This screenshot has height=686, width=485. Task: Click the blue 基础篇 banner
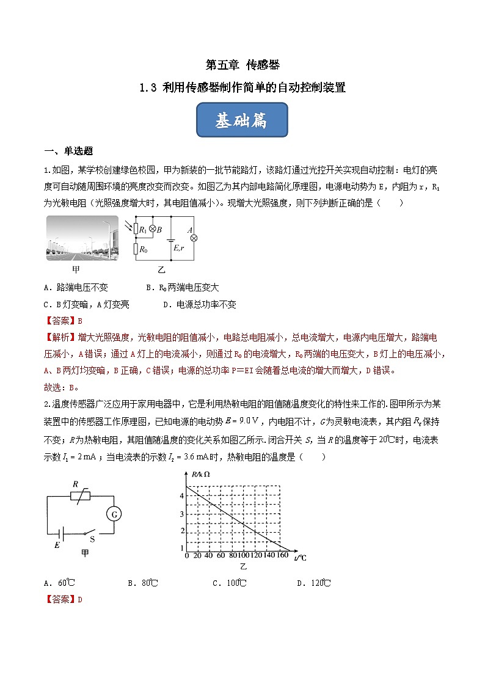(242, 120)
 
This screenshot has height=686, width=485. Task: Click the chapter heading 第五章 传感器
(242, 64)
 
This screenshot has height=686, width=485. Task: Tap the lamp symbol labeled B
(153, 230)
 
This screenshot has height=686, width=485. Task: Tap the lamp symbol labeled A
(194, 238)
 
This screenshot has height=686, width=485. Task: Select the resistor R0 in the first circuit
(136, 249)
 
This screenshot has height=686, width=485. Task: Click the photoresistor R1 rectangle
(136, 230)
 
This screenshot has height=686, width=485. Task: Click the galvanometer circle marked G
(114, 514)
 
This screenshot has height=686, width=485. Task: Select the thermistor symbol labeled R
(79, 496)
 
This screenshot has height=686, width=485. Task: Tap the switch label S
(92, 539)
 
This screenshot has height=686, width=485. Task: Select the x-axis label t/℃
(300, 557)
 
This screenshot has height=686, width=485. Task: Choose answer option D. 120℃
(314, 583)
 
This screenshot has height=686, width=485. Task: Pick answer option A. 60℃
(59, 583)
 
